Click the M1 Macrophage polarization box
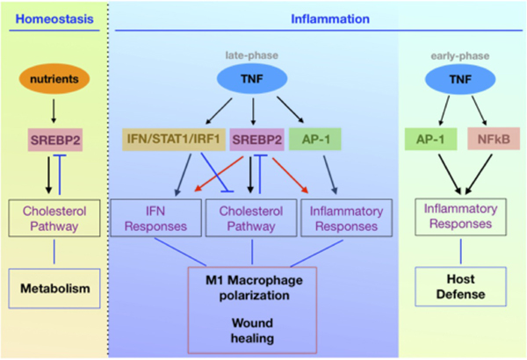click(x=252, y=286)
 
